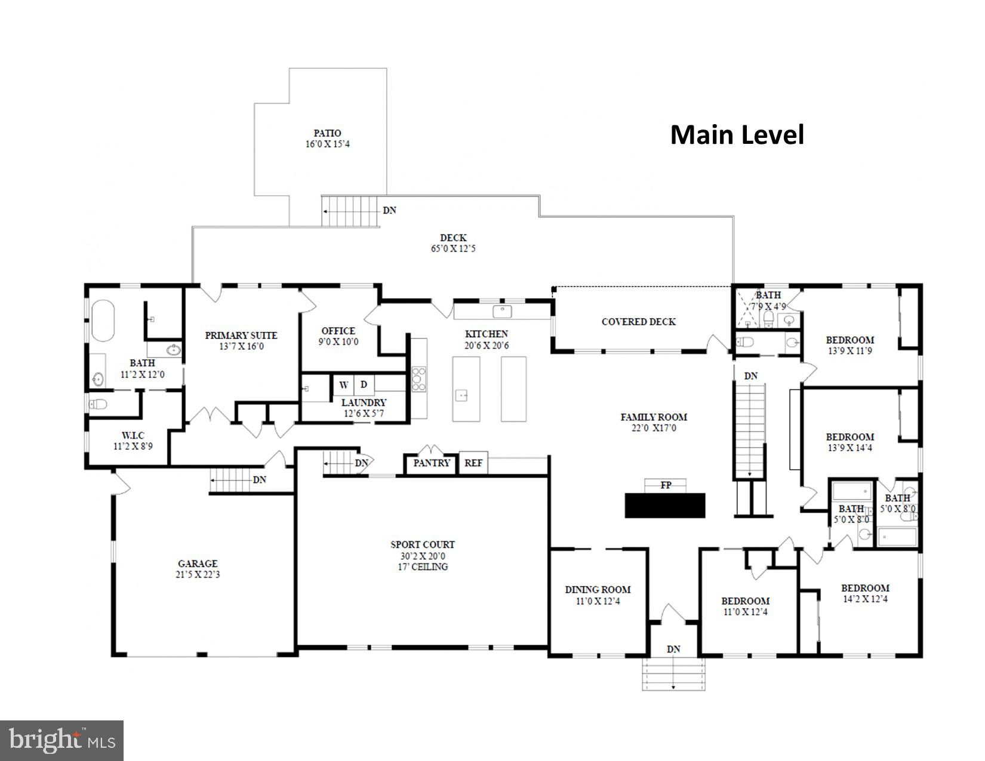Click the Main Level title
point(737,135)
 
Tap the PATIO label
point(327,133)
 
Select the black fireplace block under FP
point(665,505)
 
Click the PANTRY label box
point(432,463)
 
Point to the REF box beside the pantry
point(473,463)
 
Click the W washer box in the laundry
point(344,385)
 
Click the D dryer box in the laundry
point(364,385)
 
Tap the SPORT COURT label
point(423,544)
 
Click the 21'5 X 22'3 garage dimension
point(198,575)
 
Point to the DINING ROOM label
point(598,590)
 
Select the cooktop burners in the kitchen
point(419,379)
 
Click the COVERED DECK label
point(638,322)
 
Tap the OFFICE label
point(338,331)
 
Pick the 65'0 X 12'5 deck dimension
point(453,249)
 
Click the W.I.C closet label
point(133,435)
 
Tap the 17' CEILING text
point(423,566)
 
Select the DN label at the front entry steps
point(673,649)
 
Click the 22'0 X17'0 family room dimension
point(654,428)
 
